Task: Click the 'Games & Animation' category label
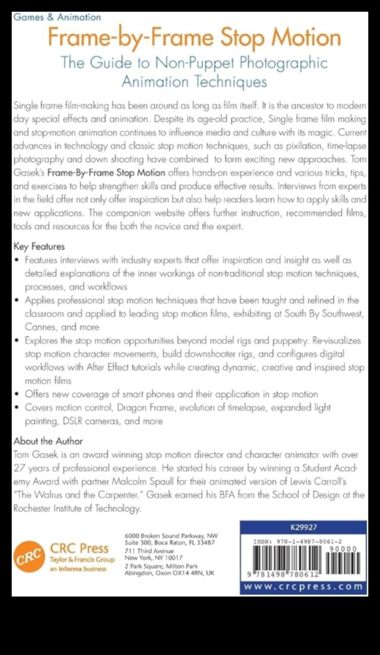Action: point(57,18)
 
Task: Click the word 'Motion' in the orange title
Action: point(307,38)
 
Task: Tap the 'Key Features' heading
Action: point(39,246)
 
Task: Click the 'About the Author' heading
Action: point(48,441)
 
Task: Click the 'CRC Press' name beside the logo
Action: point(79,548)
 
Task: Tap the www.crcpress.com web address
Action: point(303,586)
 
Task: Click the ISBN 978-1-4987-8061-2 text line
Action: point(303,542)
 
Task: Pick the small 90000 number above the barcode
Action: point(344,549)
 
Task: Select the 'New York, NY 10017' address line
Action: point(154,558)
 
